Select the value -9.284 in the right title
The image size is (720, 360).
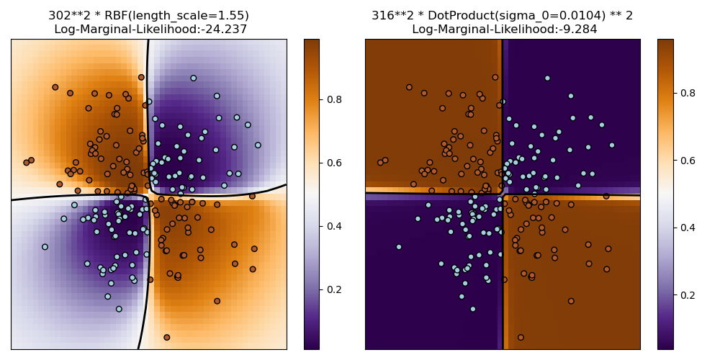[577, 30]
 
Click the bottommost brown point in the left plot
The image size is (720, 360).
[166, 337]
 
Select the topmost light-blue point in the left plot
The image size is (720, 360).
[193, 78]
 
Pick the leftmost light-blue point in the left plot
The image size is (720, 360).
[45, 247]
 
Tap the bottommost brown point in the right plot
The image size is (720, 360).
[521, 337]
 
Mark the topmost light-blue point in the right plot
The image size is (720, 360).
[547, 78]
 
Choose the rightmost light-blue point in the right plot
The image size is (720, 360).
[612, 145]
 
